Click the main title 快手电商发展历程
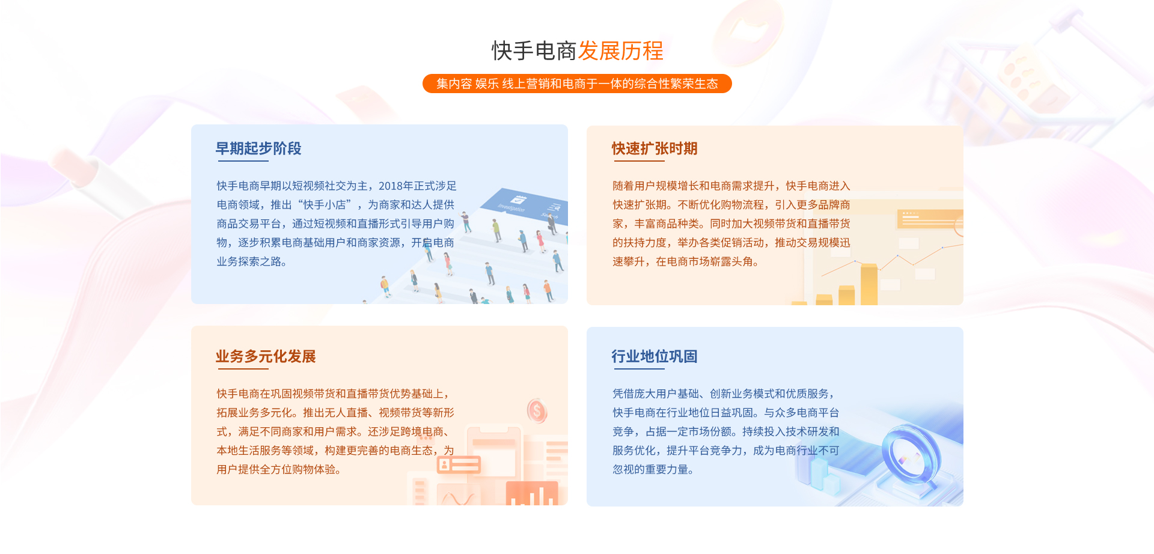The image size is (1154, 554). pos(577,51)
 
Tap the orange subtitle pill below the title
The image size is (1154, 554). pos(577,84)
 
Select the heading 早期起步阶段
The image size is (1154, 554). pos(258,148)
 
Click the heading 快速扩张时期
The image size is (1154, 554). pos(655,148)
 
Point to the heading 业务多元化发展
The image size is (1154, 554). pos(266,356)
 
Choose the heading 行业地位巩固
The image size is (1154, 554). pos(655,356)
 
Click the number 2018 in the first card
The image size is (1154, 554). pos(391,186)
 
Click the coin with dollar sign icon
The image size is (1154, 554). pos(537,411)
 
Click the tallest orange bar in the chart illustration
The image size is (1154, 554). pos(869,284)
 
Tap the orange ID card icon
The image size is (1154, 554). pos(459,464)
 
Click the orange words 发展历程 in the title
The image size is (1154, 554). pos(621,51)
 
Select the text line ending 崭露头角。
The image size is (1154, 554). pos(686,261)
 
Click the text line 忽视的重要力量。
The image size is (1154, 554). pos(653,469)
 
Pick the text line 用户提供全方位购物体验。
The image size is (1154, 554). pos(279,469)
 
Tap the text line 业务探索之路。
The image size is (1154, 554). pos(252,261)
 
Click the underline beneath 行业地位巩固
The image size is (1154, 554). pos(638,368)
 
